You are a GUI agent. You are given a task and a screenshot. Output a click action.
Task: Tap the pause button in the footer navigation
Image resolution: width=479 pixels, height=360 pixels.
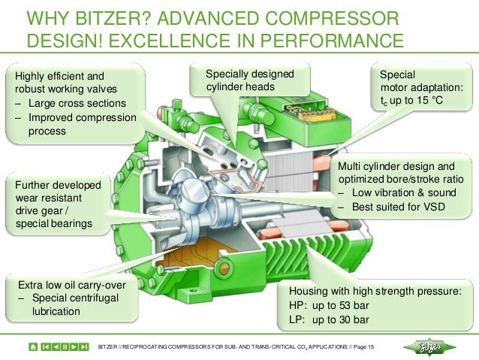tap(65, 347)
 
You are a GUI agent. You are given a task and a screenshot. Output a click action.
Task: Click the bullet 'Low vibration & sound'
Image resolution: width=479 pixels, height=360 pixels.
tap(394, 193)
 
